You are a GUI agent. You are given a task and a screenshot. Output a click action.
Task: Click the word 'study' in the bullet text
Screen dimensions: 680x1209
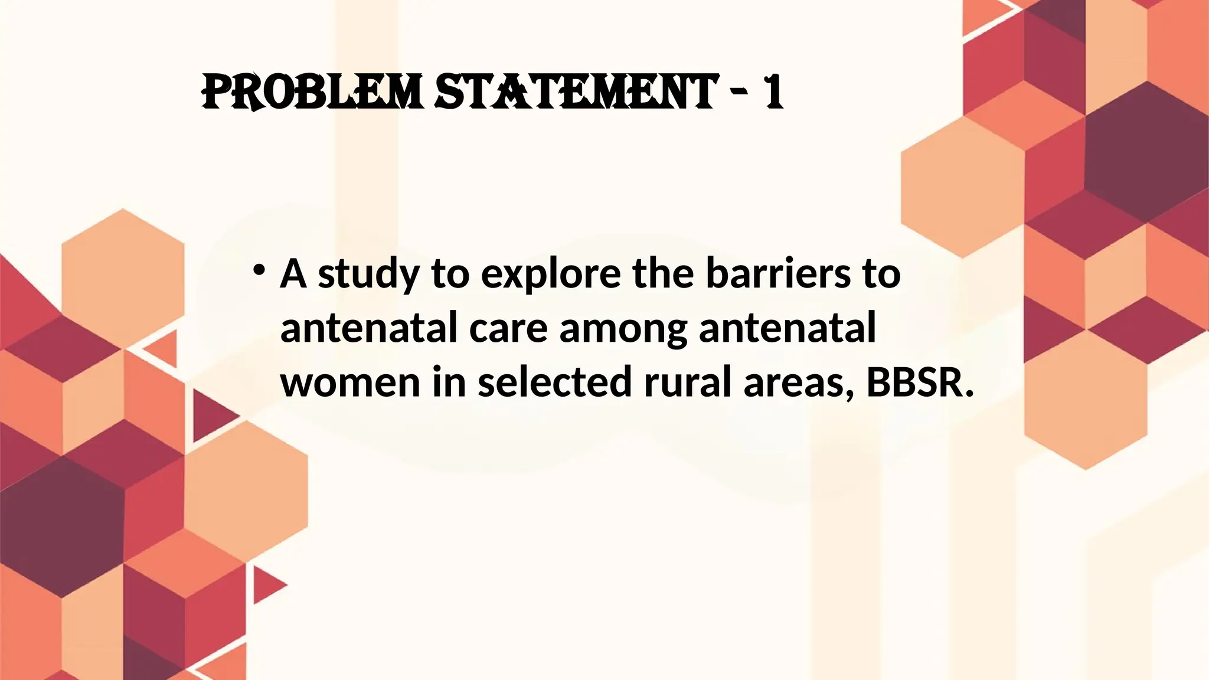(x=368, y=274)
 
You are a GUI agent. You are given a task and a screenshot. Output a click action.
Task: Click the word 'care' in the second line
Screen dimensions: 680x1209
(x=508, y=328)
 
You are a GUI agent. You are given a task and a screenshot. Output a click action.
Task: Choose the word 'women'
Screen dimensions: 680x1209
(x=350, y=382)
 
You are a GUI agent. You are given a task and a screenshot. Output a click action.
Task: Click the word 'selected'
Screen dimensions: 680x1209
(x=555, y=382)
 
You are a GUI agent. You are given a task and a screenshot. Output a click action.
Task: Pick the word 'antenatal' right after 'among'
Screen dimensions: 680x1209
(x=788, y=328)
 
